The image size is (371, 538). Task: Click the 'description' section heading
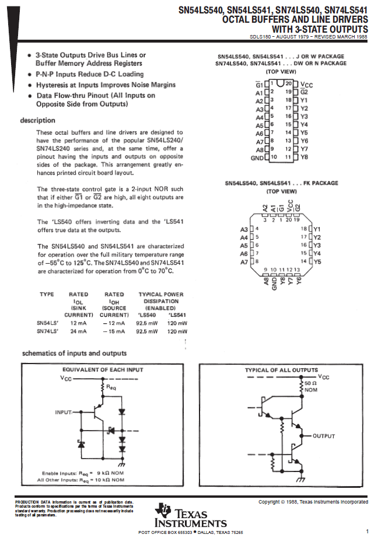[x=38, y=120]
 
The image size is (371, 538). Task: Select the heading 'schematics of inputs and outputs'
[x=74, y=353]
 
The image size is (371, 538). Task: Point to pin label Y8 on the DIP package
[x=304, y=158]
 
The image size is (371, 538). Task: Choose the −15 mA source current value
[x=114, y=331]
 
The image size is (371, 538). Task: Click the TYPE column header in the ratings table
[x=47, y=295]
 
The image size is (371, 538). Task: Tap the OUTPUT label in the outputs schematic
[x=324, y=436]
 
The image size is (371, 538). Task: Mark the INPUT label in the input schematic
[x=63, y=412]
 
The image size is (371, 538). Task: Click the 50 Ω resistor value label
[x=310, y=383]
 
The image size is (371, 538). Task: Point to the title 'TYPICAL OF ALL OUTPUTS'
[x=281, y=370]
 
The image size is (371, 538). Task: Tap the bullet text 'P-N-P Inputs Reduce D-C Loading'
[x=89, y=74]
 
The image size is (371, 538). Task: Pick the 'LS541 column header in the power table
[x=177, y=315]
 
